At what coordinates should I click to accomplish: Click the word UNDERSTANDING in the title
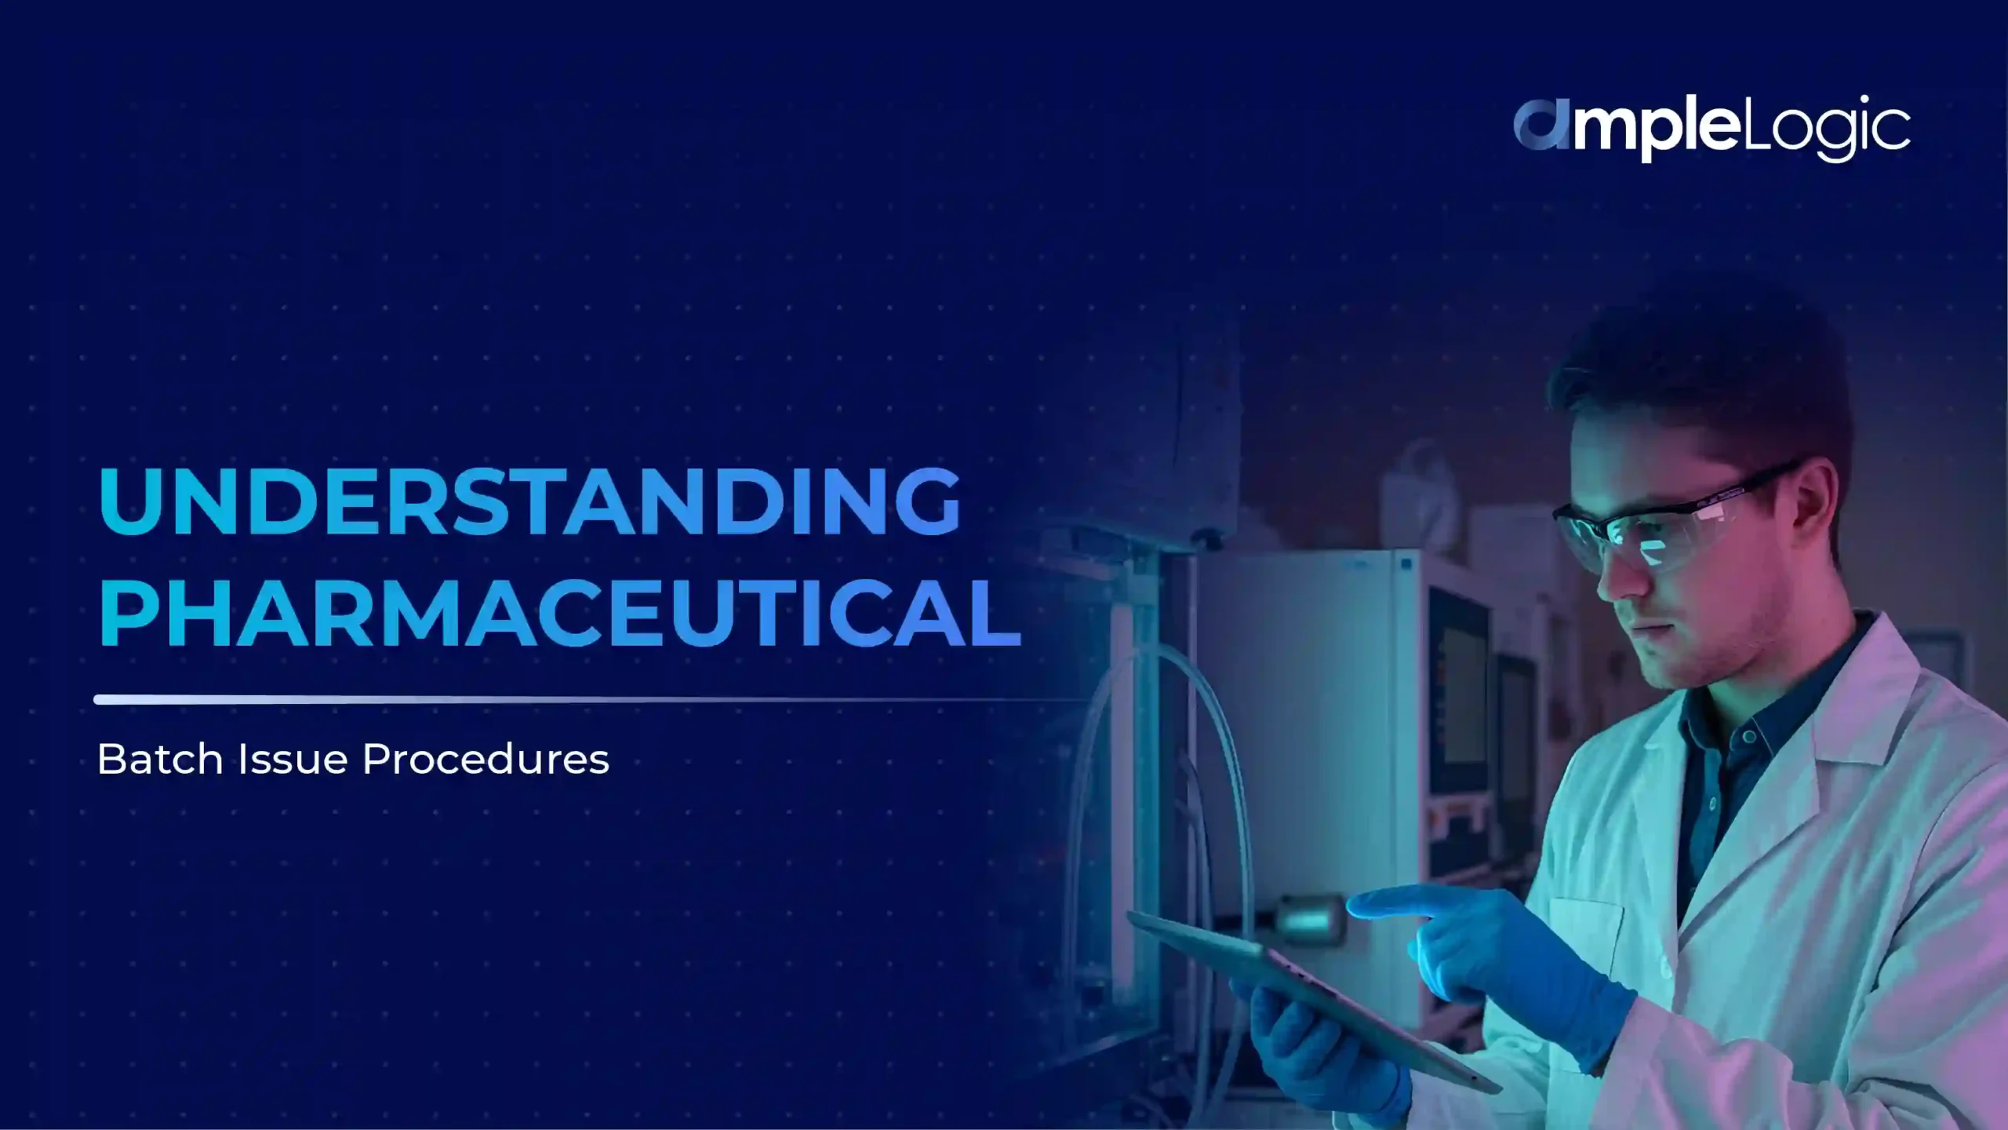(x=529, y=501)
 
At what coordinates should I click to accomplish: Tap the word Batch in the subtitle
(x=160, y=760)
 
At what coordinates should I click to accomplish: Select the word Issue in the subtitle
(x=293, y=760)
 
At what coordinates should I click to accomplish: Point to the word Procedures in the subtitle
(x=486, y=760)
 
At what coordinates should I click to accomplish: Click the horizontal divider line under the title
(x=549, y=699)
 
